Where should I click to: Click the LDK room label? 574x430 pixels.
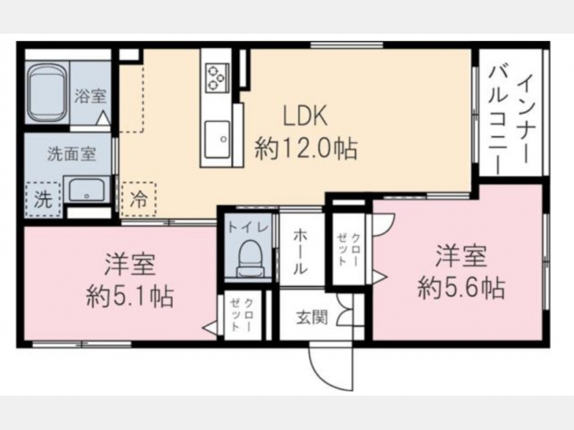click(305, 115)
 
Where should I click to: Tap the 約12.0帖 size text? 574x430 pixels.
click(306, 148)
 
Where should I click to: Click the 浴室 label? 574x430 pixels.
click(90, 96)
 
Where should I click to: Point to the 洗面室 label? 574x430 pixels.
click(72, 154)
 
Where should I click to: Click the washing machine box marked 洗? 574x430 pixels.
click(43, 199)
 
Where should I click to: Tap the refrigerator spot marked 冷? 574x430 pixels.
click(138, 199)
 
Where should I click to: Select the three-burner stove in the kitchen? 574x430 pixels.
click(217, 77)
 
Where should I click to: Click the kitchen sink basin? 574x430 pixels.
click(217, 139)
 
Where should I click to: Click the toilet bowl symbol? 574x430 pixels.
click(250, 259)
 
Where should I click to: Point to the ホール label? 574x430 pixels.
click(300, 252)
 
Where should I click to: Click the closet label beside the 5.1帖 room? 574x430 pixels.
click(242, 314)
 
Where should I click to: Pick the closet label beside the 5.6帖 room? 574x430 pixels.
click(349, 248)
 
